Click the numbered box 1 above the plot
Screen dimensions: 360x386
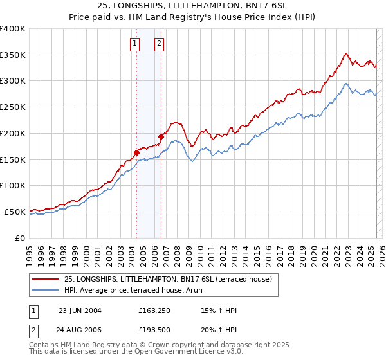pyautogui.click(x=135, y=44)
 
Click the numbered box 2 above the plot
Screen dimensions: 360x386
pyautogui.click(x=159, y=44)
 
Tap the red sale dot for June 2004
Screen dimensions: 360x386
pyautogui.click(x=136, y=152)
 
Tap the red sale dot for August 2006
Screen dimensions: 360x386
pyautogui.click(x=161, y=136)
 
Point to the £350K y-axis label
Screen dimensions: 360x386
pyautogui.click(x=13, y=55)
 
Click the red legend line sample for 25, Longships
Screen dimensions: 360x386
pyautogui.click(x=46, y=279)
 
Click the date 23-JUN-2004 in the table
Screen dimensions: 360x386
pyautogui.click(x=80, y=310)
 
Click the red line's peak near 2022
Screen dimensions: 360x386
pyautogui.click(x=346, y=53)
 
